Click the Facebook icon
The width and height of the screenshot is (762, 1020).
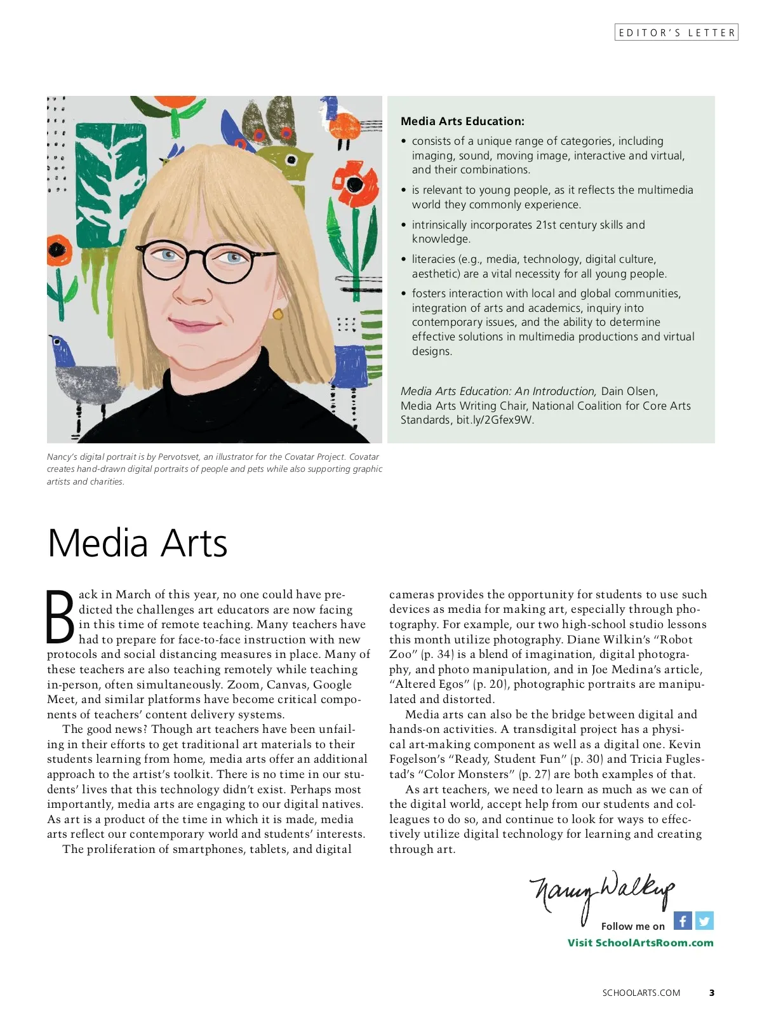[683, 920]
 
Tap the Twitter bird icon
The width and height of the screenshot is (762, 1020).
[704, 920]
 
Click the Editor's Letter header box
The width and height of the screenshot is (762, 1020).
[676, 32]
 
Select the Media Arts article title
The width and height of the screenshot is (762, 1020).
[137, 544]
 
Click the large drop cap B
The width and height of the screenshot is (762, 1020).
[60, 617]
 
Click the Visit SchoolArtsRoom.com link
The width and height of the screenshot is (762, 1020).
[640, 943]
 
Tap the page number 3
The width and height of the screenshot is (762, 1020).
[712, 993]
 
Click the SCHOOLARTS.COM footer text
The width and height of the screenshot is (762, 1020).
[641, 993]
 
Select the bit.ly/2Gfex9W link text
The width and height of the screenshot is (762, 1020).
[495, 420]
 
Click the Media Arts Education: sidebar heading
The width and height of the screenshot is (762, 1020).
[462, 121]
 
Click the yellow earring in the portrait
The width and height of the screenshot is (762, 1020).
[277, 314]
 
